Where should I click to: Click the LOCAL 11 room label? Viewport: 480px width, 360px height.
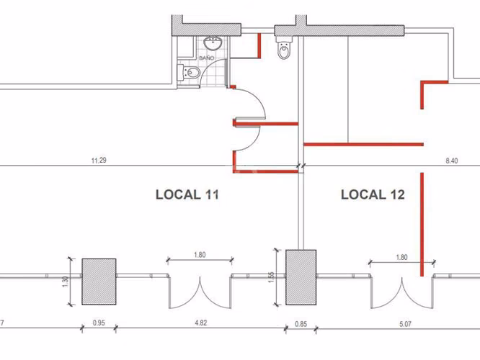coord(187,195)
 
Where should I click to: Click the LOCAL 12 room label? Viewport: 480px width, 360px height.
coord(373,195)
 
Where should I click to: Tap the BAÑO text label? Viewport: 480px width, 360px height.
coord(207,58)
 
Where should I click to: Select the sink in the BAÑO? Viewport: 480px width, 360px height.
coord(213,43)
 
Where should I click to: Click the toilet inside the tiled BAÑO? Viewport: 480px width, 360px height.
coord(189,73)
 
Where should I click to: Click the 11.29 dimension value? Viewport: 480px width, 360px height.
coord(99,161)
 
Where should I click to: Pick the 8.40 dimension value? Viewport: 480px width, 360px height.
coord(451,161)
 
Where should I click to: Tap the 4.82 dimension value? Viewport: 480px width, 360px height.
coord(200,323)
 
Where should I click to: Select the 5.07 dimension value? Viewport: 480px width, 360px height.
coord(405,324)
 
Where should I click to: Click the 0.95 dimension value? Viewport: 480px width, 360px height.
coord(99,323)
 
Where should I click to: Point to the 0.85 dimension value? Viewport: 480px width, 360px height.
coord(301,324)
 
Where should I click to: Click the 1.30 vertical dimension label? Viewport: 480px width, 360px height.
coord(65,282)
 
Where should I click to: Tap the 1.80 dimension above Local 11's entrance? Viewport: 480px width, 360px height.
coord(200,255)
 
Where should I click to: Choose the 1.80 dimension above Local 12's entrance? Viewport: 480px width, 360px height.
coord(401,257)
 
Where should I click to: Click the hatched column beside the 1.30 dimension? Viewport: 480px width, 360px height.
coord(99,282)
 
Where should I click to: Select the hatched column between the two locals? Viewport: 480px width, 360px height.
coord(301,277)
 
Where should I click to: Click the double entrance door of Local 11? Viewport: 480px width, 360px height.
coord(200,292)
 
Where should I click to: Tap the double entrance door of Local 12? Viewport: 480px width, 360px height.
coord(402,293)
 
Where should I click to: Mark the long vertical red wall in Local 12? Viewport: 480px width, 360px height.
coord(422,225)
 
